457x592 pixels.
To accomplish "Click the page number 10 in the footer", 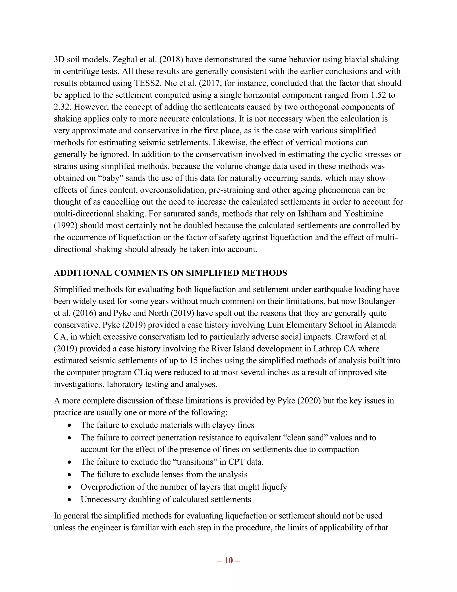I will click(228, 561).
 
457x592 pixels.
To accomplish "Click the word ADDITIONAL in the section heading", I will click(83, 273).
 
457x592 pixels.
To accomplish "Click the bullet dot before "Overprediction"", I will click(70, 487).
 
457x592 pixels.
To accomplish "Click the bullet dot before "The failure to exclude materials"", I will click(70, 425).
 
